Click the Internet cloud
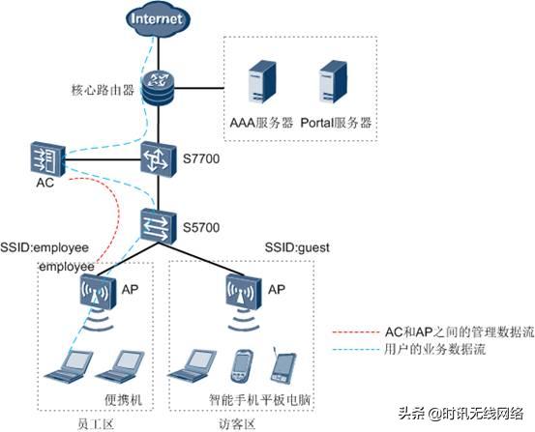click(x=158, y=18)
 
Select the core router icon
click(x=159, y=87)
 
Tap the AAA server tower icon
click(x=262, y=82)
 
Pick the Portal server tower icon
click(x=333, y=82)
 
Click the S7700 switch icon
click(x=159, y=159)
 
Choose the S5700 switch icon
click(x=159, y=226)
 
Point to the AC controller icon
click(x=47, y=158)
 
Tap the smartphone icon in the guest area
click(x=242, y=366)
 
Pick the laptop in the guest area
click(x=192, y=364)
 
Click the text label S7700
click(x=201, y=158)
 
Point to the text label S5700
click(x=201, y=227)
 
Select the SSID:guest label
click(x=297, y=247)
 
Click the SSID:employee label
click(x=45, y=247)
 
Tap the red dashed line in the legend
click(x=356, y=331)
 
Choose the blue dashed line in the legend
click(x=356, y=350)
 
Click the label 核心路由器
click(x=103, y=90)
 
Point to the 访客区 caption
click(x=236, y=425)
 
